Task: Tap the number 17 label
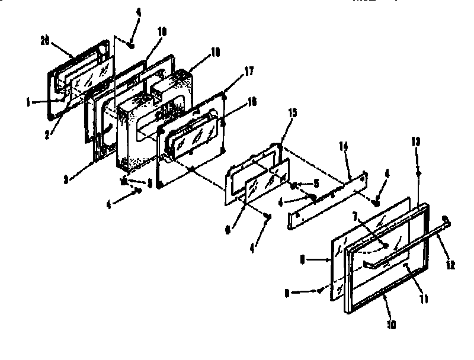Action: pyautogui.click(x=249, y=71)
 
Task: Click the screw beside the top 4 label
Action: pyautogui.click(x=131, y=44)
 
